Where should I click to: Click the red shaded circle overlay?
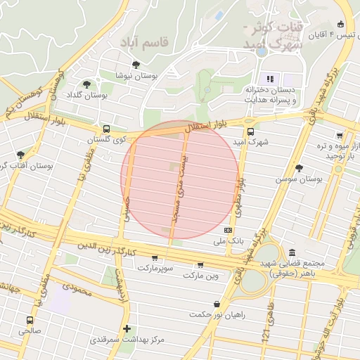[x=180, y=179]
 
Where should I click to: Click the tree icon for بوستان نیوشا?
[x=136, y=65]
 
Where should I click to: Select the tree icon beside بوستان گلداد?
[x=86, y=84]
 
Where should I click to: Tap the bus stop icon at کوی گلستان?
[x=106, y=129]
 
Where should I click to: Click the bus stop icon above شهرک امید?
[x=250, y=131]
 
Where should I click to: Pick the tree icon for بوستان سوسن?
[x=300, y=167]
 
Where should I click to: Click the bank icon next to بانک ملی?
[x=228, y=230]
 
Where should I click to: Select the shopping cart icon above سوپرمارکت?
[x=155, y=258]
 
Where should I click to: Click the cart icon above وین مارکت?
[x=200, y=265]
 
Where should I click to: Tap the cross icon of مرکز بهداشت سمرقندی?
[x=127, y=328]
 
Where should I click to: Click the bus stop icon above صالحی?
[x=30, y=320]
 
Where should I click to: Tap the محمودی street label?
[x=74, y=287]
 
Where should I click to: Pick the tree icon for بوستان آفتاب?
[x=20, y=154]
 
